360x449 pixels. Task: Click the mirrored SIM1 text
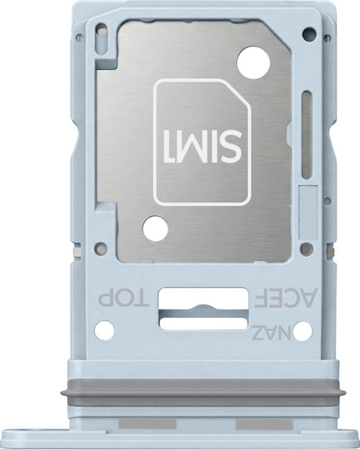[203, 146]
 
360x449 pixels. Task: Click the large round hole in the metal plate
[254, 62]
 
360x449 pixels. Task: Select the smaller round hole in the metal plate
[155, 229]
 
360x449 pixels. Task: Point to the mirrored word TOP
[123, 299]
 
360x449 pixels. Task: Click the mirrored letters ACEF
[285, 298]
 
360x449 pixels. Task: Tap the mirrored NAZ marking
[272, 333]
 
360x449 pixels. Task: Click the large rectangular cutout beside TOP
[204, 299]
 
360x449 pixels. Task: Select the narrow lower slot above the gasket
[204, 323]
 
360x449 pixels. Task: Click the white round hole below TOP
[104, 330]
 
